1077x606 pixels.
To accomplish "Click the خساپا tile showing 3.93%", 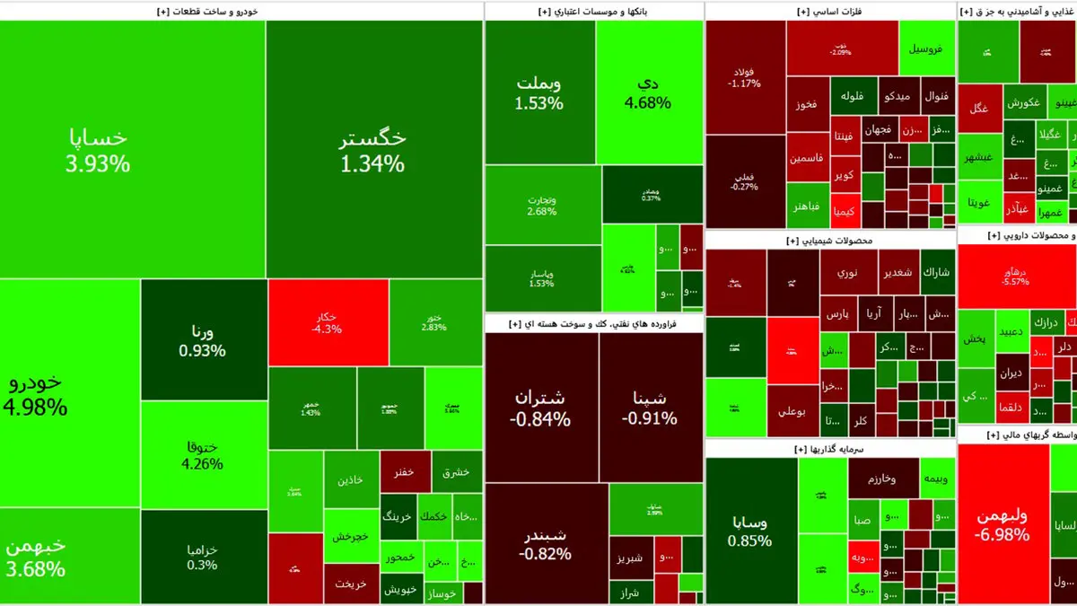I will (x=98, y=150).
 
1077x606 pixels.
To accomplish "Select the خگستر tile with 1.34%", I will (x=372, y=150).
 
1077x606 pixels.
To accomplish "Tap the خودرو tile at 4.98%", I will (x=36, y=395).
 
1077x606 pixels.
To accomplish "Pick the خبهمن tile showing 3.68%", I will (x=36, y=557).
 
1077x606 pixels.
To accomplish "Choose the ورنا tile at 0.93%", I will (x=203, y=340).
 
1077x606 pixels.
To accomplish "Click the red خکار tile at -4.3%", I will (x=327, y=322).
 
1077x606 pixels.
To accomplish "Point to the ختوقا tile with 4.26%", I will (x=203, y=454).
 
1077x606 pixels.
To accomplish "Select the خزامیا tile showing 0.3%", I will (x=203, y=557).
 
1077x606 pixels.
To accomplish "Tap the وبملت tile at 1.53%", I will (x=538, y=92).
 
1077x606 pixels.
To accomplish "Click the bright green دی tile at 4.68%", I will (x=649, y=92).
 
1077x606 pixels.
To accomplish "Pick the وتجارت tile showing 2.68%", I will (x=541, y=206).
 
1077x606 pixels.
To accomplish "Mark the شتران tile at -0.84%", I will (x=541, y=408).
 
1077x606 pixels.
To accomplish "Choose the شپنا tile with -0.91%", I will (x=651, y=408).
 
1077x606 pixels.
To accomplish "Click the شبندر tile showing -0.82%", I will (x=546, y=543).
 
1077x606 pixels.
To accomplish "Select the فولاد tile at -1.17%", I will (x=745, y=76).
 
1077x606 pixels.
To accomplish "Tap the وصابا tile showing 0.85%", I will (x=750, y=531).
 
